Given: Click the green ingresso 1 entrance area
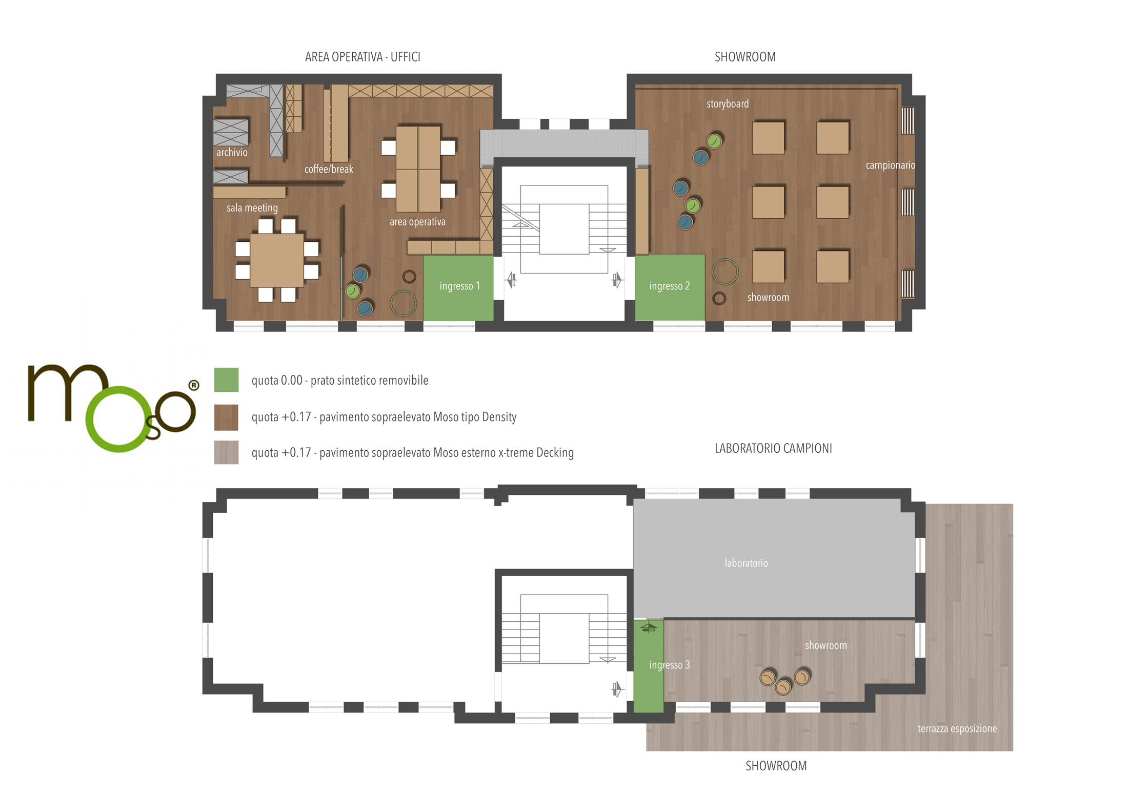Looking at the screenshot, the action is pos(458,288).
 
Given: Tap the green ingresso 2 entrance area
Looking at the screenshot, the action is pos(670,287).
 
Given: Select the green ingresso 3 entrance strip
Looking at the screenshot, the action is pos(649,666).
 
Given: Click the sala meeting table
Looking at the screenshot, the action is pos(277,260).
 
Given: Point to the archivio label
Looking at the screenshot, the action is pos(232,152).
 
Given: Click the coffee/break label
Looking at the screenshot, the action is pos(329,169).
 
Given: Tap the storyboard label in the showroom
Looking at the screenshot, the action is pos(728,104).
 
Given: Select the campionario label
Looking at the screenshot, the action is pos(890,165).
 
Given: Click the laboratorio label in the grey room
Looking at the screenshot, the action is pos(746,563).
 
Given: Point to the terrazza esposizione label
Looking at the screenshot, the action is pos(957,728).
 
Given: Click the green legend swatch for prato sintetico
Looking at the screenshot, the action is pos(226,380).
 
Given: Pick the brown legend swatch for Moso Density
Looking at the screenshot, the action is pos(226,417).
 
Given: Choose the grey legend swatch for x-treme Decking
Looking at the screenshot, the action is pos(226,452).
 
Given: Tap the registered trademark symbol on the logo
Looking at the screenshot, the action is pos(194,385).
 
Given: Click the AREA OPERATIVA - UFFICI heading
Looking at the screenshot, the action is pos(362,57).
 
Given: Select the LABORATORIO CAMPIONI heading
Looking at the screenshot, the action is pos(773,448).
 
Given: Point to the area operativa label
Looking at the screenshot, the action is pos(417,222).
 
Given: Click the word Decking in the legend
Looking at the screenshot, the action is pos(555,453).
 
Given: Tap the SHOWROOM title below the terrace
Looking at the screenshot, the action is pos(776,766).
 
